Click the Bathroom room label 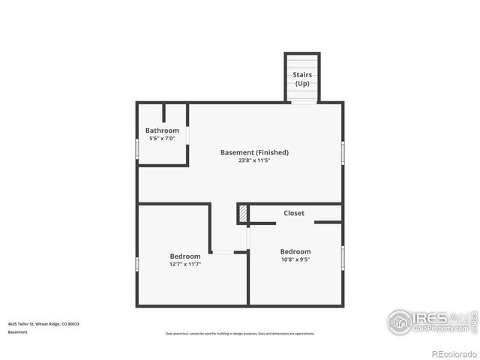(x=162, y=130)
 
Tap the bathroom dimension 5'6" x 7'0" (x=162, y=139)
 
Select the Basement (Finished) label (x=254, y=152)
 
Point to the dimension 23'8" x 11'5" (x=254, y=160)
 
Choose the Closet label (x=294, y=213)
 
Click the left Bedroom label (x=185, y=256)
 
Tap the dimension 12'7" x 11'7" (x=185, y=264)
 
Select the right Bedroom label (x=295, y=251)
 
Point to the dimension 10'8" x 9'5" (x=295, y=260)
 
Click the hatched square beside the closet (x=243, y=214)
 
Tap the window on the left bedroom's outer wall (x=136, y=265)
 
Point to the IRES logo (x=427, y=320)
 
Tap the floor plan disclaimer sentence (x=240, y=333)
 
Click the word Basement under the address (x=18, y=331)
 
